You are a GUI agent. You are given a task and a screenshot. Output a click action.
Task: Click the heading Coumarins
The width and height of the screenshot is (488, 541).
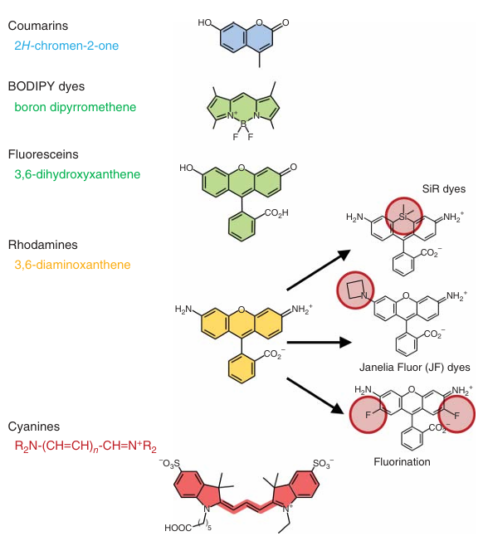click(38, 26)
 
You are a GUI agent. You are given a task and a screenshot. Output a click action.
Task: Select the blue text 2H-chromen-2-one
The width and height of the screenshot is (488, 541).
click(66, 46)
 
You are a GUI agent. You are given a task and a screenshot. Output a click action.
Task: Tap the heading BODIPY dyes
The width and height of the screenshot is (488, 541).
click(46, 86)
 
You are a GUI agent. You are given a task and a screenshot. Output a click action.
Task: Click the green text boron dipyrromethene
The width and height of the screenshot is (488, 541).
click(76, 107)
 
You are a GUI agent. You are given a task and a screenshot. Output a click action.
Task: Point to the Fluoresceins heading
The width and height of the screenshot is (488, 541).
click(43, 154)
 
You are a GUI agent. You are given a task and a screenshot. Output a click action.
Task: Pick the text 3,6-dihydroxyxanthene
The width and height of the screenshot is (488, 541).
click(77, 174)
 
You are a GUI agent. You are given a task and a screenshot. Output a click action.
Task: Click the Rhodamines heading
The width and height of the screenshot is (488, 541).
click(43, 245)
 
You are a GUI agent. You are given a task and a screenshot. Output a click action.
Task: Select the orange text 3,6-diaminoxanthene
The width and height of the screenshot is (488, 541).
click(72, 265)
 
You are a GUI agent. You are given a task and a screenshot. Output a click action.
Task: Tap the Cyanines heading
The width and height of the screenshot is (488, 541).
click(34, 426)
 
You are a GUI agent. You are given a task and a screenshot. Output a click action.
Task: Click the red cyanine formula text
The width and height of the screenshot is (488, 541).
click(85, 446)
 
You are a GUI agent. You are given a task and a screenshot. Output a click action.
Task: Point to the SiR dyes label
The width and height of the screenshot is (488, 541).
click(444, 189)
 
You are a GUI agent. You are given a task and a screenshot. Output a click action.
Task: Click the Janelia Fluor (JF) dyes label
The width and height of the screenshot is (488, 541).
click(414, 367)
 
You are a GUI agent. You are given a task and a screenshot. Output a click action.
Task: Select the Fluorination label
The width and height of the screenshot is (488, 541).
click(402, 461)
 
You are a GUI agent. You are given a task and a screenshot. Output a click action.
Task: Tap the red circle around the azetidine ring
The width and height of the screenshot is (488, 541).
click(337, 290)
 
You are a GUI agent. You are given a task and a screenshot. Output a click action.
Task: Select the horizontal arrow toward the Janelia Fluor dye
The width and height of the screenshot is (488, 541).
click(320, 342)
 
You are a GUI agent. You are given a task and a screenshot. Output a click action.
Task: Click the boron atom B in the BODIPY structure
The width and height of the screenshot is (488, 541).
click(243, 124)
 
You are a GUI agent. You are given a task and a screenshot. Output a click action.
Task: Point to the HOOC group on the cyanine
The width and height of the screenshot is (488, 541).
click(178, 528)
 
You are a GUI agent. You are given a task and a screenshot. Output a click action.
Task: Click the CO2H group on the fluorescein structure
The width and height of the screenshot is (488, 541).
click(276, 213)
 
